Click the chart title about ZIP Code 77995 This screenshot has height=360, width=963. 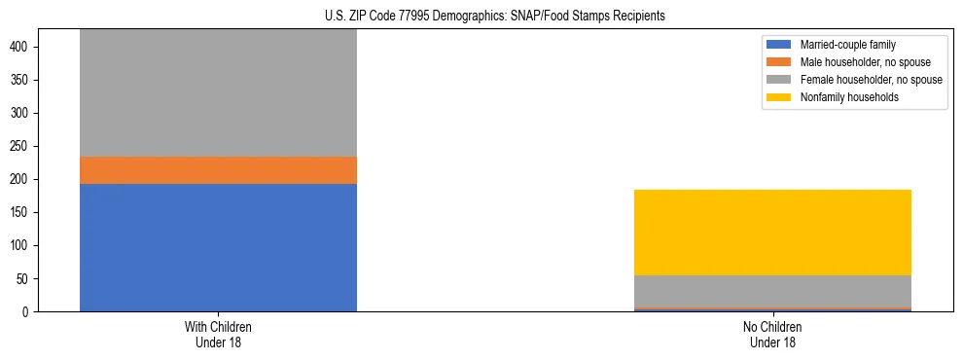coord(481,17)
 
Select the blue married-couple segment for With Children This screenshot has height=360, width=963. coord(218,247)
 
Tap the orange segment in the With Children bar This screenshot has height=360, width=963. coord(218,170)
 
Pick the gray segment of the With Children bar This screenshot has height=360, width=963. coord(218,92)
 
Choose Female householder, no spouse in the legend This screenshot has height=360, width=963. coord(871,80)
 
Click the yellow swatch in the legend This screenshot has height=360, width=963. coord(779,97)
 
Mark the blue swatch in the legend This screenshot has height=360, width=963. coord(779,45)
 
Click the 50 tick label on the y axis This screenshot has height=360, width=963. coord(30,278)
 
